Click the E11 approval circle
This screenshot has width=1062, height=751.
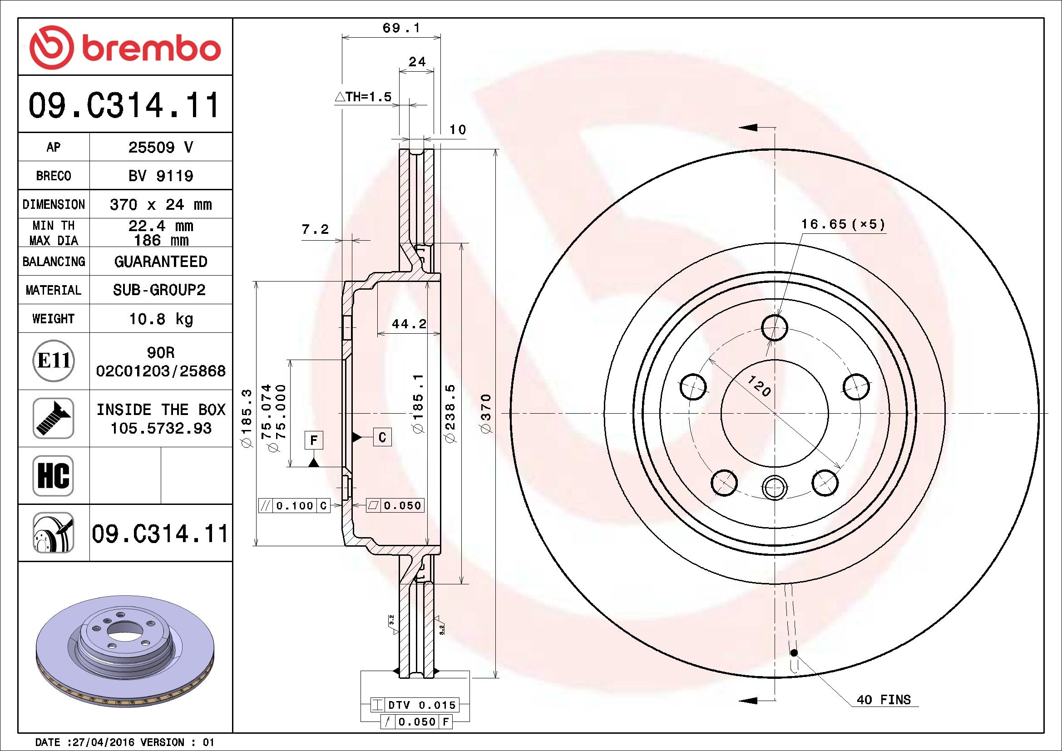54,361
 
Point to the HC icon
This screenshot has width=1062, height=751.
53,476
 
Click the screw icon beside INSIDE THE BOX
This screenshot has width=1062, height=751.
53,419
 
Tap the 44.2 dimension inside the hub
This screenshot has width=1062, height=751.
409,324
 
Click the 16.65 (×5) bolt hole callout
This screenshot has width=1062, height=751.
843,225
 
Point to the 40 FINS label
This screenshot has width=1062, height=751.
884,700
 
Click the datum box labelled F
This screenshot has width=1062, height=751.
314,440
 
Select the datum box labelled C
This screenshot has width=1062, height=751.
382,437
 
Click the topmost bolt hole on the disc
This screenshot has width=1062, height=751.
774,328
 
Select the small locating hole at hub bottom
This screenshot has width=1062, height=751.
774,487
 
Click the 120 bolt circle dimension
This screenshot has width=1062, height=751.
759,386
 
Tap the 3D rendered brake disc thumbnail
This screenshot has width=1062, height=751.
125,651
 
